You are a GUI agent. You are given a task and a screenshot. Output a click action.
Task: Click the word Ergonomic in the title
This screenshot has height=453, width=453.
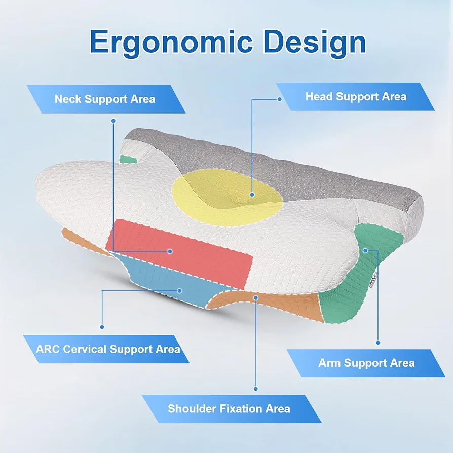[171, 43]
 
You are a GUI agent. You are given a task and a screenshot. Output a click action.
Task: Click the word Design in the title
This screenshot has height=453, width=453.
[314, 42]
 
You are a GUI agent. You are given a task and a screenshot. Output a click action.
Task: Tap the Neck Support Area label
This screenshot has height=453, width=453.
[105, 99]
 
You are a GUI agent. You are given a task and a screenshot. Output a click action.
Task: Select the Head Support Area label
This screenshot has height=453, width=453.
[356, 96]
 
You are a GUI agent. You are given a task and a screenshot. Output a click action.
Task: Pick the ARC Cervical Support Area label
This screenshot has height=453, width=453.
[107, 349]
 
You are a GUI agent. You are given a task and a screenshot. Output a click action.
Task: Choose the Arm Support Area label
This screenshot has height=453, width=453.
[366, 363]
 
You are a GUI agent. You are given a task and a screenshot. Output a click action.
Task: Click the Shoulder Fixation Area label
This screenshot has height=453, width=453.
[229, 409]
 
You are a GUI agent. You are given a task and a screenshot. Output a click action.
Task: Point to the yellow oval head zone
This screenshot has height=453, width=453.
[228, 198]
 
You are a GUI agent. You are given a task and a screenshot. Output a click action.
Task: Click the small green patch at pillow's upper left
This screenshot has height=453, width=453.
[129, 159]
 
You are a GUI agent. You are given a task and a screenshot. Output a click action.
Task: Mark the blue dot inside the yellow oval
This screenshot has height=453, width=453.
[252, 195]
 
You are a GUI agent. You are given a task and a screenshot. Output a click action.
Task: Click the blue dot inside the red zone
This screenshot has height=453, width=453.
[170, 252]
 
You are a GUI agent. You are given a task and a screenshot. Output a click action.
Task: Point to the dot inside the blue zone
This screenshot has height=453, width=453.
[180, 291]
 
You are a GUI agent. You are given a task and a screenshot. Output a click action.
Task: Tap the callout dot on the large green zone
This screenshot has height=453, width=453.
[365, 250]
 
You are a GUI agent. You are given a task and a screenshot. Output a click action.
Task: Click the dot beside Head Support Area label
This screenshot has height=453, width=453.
[279, 99]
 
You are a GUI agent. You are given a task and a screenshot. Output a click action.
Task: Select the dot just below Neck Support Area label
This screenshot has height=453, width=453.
[114, 121]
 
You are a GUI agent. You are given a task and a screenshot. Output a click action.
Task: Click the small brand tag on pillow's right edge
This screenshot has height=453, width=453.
[374, 280]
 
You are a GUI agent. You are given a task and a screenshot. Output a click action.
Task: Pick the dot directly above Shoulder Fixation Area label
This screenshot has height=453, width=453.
[256, 389]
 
